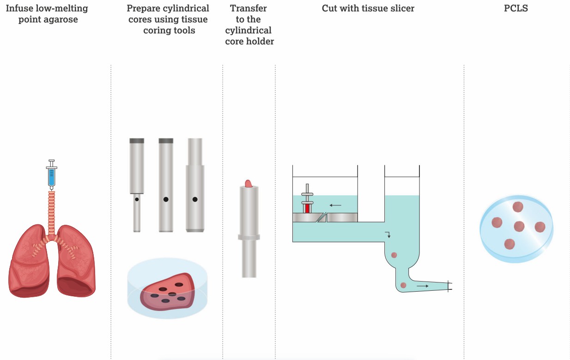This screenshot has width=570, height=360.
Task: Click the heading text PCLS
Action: tap(516, 8)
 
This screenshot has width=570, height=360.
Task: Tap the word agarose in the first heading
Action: tap(61, 19)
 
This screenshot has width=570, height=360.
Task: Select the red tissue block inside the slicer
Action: tap(307, 209)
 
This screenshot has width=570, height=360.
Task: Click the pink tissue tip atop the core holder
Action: tap(249, 184)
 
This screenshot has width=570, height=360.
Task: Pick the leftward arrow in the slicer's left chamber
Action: tap(335, 205)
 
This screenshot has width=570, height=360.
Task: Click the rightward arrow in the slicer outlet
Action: tap(422, 286)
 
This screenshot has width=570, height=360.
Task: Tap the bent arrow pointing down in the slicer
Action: tap(388, 234)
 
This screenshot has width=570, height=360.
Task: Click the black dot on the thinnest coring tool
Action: tap(137, 199)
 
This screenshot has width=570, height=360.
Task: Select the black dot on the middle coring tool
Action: tap(166, 199)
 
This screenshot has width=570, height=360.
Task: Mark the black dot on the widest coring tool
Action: tap(195, 199)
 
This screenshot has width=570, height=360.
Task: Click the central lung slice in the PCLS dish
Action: tap(519, 226)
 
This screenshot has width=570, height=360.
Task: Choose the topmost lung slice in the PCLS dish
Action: tap(518, 207)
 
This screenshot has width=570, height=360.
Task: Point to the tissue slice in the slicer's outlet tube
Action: tap(403, 285)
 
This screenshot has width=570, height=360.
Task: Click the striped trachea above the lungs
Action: tap(51, 214)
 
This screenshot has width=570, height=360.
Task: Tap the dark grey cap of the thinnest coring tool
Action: tap(137, 141)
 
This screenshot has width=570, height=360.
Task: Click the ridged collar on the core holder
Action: tap(249, 237)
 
